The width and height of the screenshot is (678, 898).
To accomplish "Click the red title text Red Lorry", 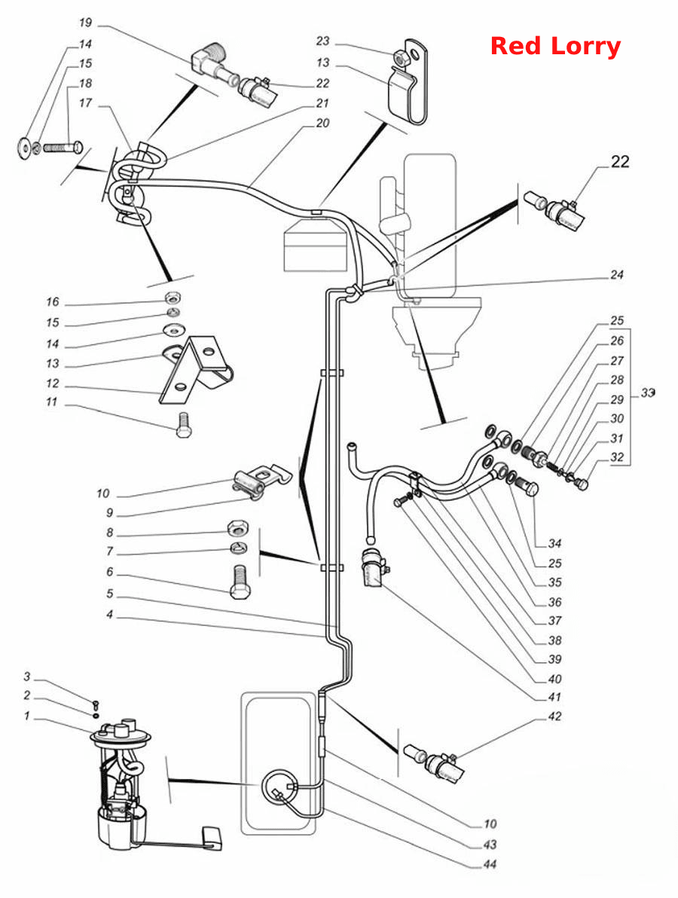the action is [555, 47].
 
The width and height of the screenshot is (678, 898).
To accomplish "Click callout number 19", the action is [85, 23].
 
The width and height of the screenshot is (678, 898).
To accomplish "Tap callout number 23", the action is [323, 41].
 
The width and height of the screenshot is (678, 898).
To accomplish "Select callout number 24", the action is [616, 274].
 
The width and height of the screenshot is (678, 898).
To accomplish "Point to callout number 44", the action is [490, 863].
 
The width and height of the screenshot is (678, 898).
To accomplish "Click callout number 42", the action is [554, 716].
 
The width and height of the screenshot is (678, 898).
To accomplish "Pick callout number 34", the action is [554, 543].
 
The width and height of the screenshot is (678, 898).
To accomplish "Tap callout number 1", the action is [26, 716].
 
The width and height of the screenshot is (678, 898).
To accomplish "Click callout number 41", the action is [554, 697].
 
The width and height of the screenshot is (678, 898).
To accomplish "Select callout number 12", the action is [53, 383].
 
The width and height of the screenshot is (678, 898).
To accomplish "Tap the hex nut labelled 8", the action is [237, 528].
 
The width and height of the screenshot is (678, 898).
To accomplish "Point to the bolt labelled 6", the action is [240, 582].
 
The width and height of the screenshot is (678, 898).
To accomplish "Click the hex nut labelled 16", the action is [171, 298].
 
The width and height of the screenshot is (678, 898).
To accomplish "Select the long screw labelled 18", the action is [63, 150].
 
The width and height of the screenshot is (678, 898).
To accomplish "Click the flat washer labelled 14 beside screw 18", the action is [25, 148].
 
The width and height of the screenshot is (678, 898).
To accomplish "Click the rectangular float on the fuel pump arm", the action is [213, 837].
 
